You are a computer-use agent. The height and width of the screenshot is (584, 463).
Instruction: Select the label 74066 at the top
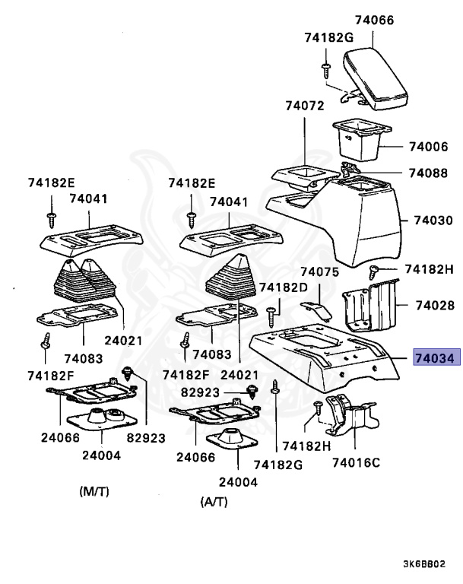pos(374,21)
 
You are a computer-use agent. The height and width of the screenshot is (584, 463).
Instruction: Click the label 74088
pos(427,173)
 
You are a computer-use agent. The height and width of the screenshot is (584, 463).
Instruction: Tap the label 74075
pos(319,271)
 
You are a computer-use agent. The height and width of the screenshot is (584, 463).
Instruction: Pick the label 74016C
pos(355,461)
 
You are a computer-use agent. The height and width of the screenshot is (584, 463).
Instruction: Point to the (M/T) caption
pos(94,491)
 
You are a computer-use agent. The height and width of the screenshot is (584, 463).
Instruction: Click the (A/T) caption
pos(214,502)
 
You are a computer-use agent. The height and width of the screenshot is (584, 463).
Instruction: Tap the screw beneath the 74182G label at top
pos(325,69)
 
